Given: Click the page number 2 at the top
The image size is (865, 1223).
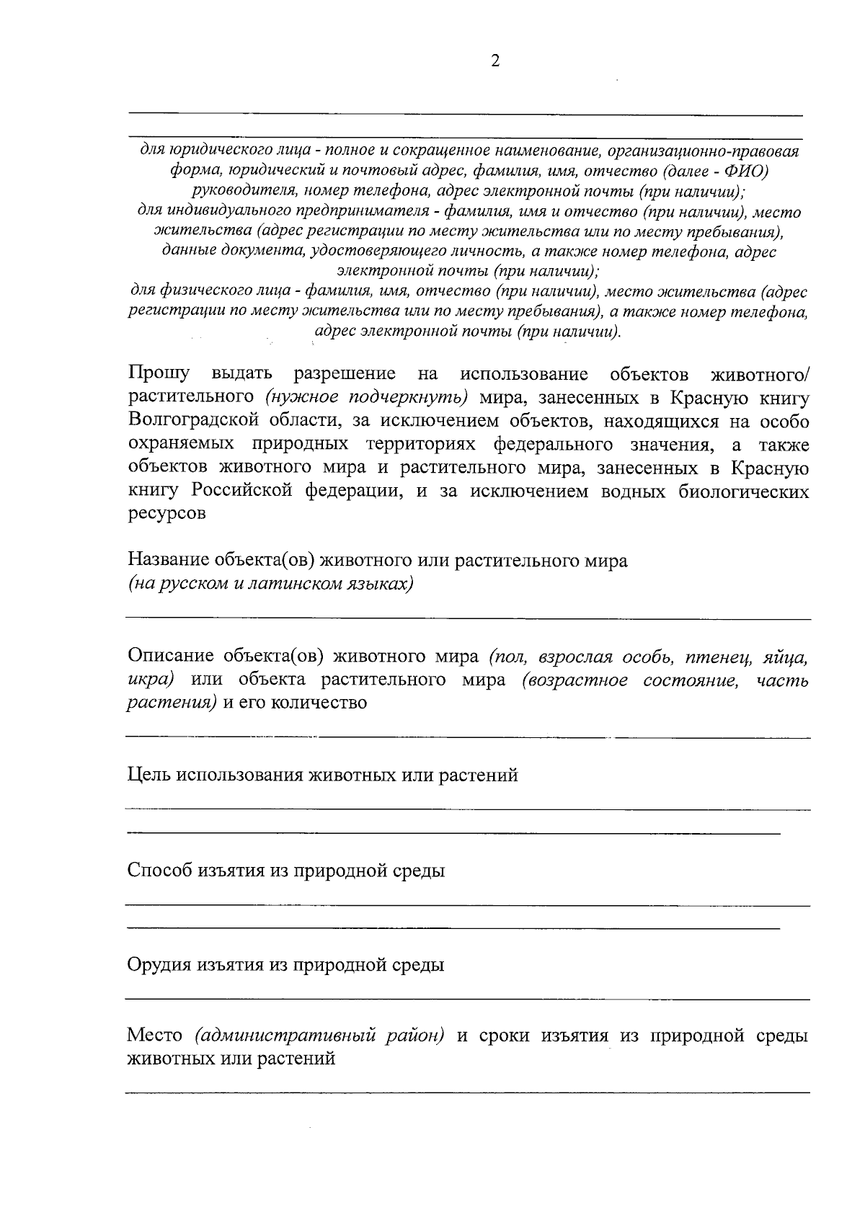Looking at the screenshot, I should tap(494, 61).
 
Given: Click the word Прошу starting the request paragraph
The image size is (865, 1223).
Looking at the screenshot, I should tap(159, 374).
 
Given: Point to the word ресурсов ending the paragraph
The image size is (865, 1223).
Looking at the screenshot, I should tap(167, 515).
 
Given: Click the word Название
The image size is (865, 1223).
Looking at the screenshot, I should tap(169, 561).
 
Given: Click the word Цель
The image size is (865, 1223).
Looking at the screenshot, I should tap(149, 775).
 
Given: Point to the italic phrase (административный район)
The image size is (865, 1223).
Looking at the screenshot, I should tap(319, 1036).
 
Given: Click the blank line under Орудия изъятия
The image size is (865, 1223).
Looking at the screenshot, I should tap(467, 998).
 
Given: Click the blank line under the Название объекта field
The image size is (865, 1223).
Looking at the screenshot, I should tap(467, 618).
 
